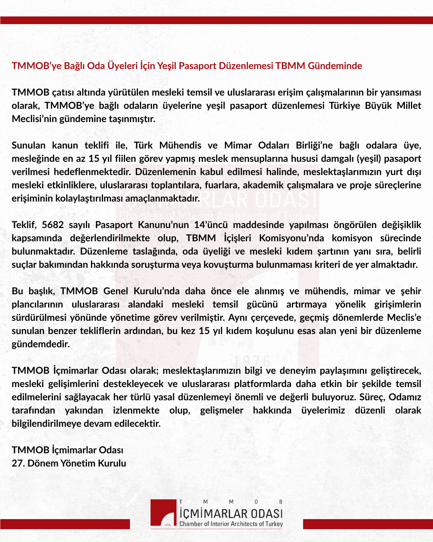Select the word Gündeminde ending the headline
[x=335, y=66]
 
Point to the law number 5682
[x=53, y=225]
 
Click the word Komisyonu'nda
[x=291, y=238]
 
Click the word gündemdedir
[x=40, y=344]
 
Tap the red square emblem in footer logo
[x=164, y=513]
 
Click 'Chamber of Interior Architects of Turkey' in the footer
[x=231, y=524]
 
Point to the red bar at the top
[x=216, y=20]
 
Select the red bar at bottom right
[x=368, y=524]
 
